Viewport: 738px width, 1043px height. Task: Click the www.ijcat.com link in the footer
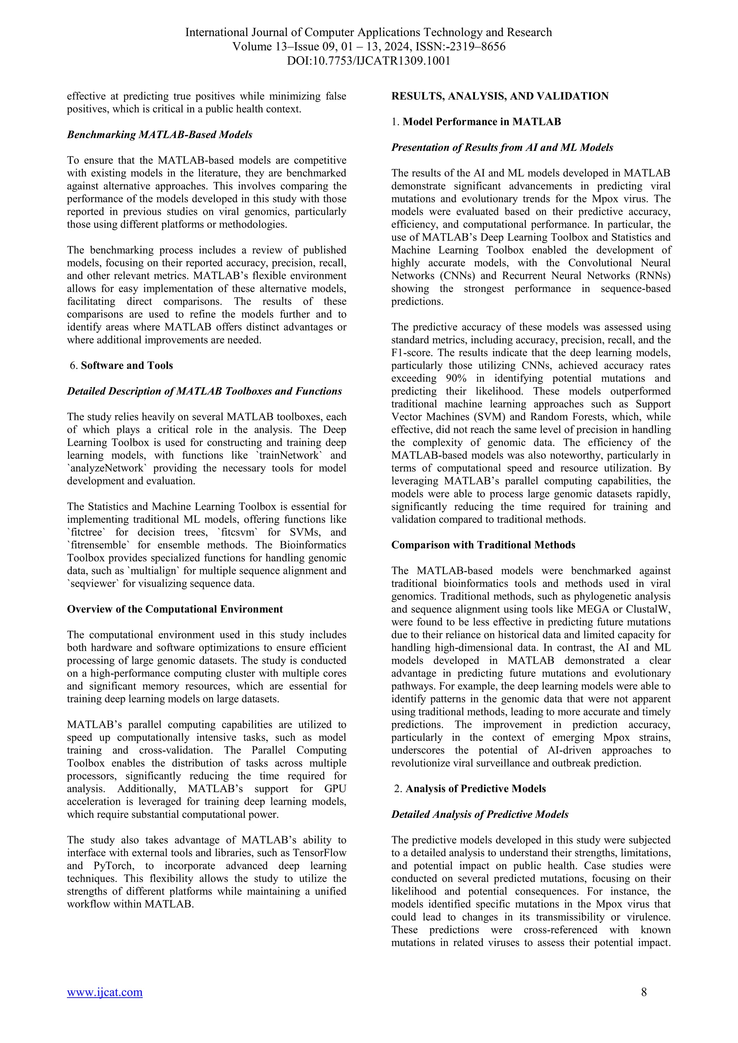[105, 992]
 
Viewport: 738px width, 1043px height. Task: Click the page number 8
[644, 992]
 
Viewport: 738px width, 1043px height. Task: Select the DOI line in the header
[369, 61]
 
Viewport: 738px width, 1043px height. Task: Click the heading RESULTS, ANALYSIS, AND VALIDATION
[500, 96]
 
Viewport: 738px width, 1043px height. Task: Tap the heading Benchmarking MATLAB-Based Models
[160, 135]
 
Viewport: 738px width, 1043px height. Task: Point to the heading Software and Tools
[127, 366]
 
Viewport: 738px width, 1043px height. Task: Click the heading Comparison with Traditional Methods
[483, 545]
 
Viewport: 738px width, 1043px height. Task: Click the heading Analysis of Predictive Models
[475, 789]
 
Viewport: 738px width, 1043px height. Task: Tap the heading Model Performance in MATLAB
[482, 122]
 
